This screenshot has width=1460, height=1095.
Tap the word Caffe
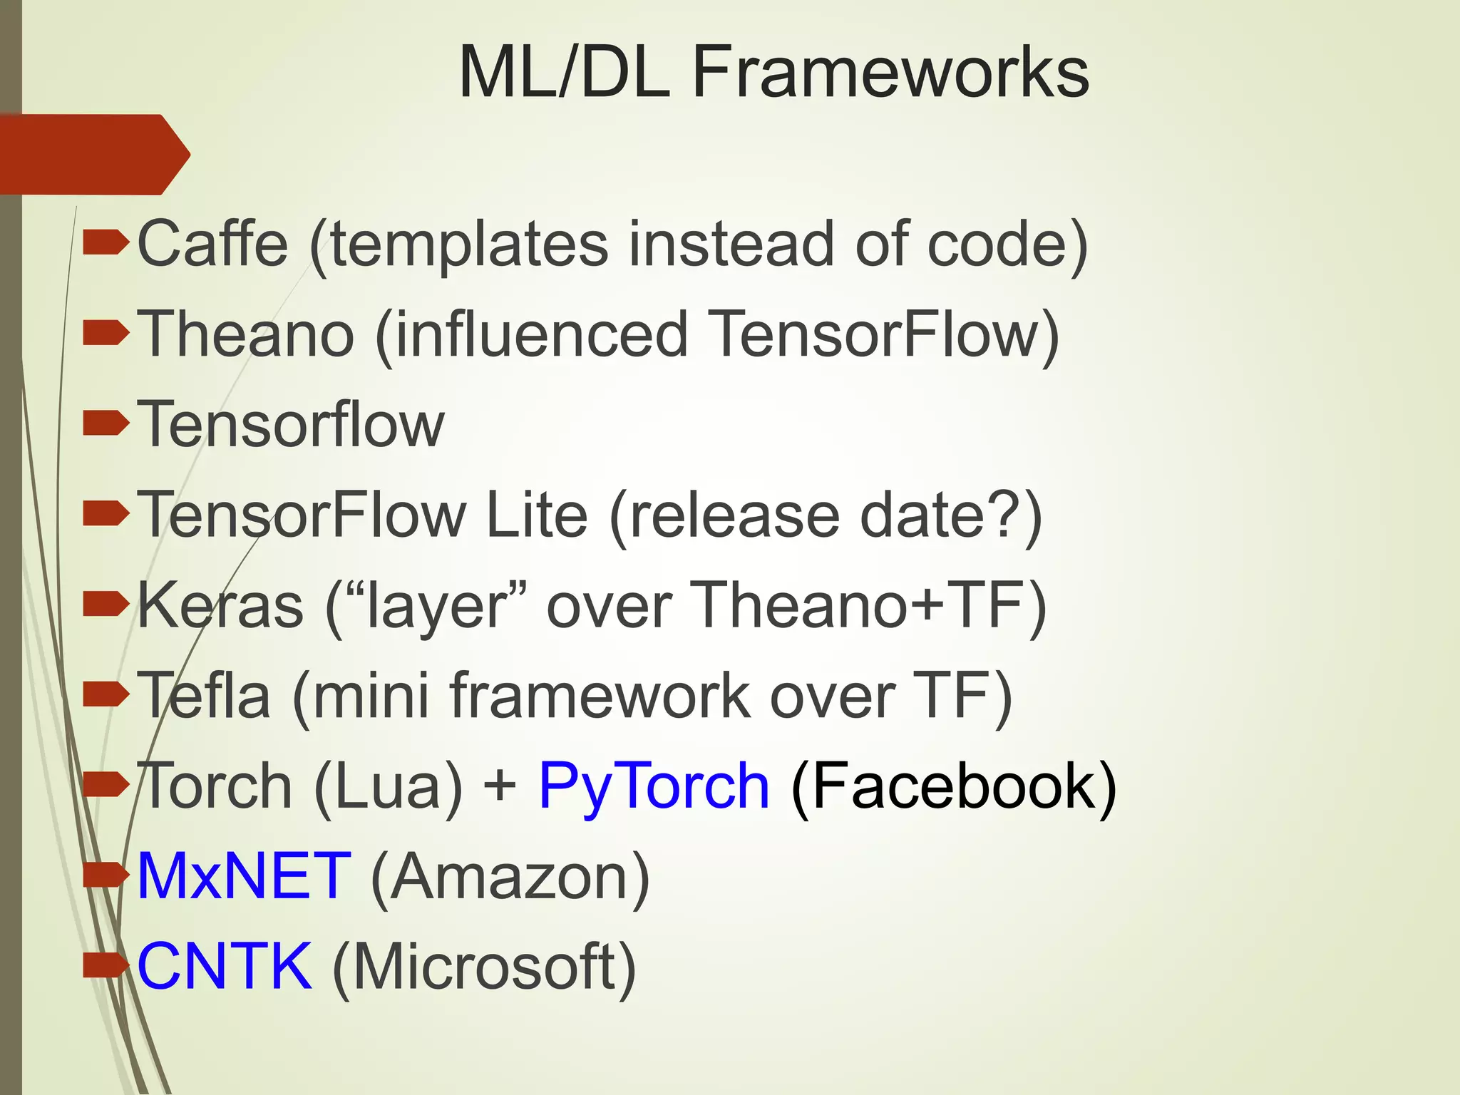tap(212, 244)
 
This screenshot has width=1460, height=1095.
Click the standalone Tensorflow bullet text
tap(291, 424)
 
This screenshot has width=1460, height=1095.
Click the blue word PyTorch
tap(654, 787)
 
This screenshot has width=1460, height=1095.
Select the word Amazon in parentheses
tap(510, 878)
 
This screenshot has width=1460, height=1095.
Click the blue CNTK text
tap(225, 967)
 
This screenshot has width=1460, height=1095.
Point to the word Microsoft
tap(485, 967)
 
